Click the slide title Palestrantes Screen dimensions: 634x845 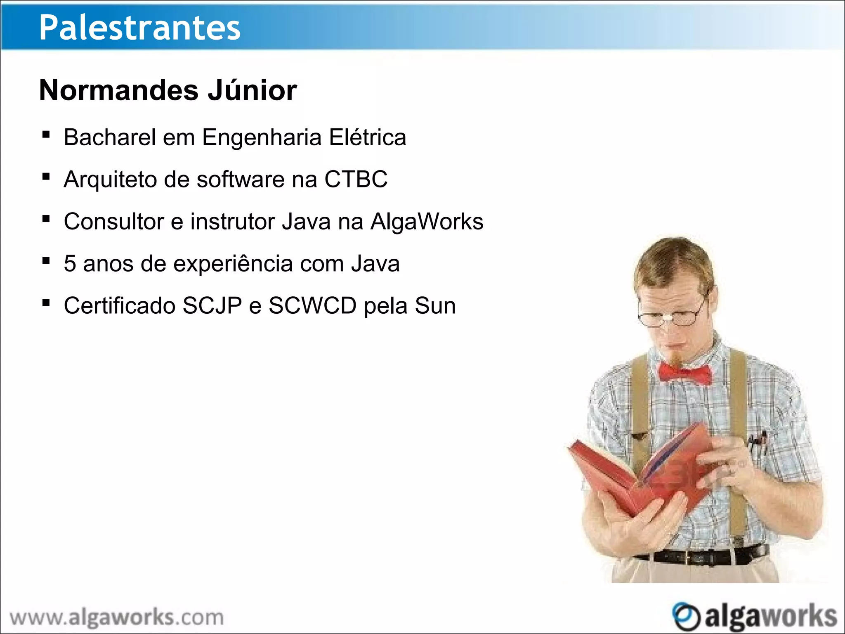139,27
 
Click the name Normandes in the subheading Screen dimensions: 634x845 119,90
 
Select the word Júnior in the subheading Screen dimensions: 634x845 252,90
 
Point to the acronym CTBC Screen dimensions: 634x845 356,179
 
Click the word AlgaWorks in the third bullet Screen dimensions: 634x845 427,221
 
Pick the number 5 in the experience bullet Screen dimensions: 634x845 70,263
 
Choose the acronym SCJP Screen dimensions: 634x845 212,305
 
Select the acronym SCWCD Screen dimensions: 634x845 312,305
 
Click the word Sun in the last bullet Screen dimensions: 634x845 435,305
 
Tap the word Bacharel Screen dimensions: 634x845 109,137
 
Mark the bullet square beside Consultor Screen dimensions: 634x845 46,219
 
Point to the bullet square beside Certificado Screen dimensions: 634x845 46,303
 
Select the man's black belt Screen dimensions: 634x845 701,556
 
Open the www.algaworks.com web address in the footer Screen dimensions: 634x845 116,617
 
